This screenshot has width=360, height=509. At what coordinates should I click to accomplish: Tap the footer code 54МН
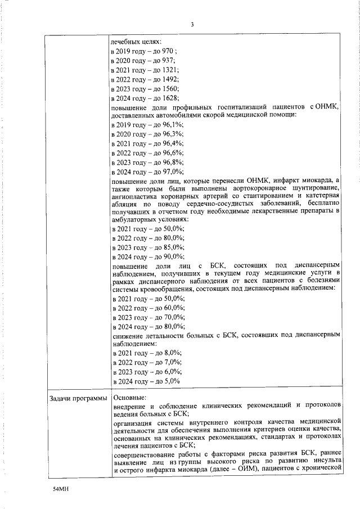tap(60, 490)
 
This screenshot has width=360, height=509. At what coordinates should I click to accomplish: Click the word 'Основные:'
tap(129, 398)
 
